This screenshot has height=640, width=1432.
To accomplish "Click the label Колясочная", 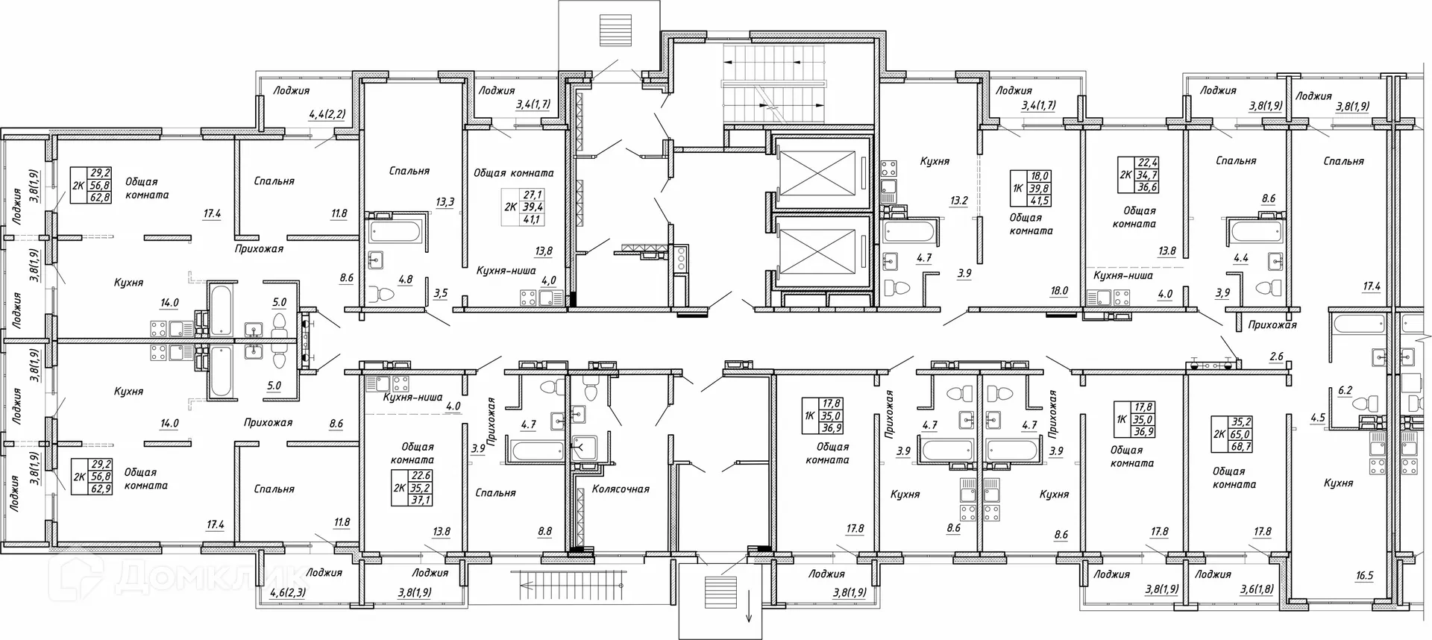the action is click(x=621, y=489).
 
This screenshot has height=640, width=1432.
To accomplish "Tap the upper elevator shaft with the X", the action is click(x=819, y=175).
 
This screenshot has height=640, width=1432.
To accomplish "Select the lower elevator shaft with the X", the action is click(x=819, y=254).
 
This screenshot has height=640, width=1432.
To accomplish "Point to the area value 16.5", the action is click(x=1364, y=576).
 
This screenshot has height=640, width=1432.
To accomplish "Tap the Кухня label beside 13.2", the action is click(x=934, y=161).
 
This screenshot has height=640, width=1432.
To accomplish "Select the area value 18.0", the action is click(x=1058, y=292).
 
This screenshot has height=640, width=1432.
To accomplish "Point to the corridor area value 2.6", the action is click(x=1276, y=357).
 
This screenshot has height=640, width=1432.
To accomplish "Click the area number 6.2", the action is click(x=1345, y=390).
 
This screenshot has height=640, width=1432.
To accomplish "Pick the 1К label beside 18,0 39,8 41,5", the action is click(x=1018, y=189).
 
